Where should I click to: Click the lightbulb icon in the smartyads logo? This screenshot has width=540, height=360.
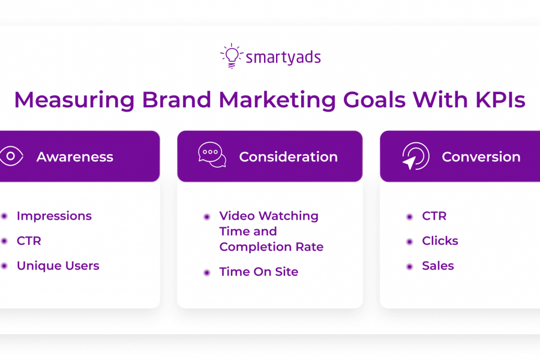click(232, 56)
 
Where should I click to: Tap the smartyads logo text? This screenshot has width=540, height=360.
click(283, 57)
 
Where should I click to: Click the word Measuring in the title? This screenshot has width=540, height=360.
click(74, 100)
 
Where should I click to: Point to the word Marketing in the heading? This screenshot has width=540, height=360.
click(277, 100)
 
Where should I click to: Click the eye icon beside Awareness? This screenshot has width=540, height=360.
click(11, 156)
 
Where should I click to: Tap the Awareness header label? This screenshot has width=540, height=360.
click(75, 157)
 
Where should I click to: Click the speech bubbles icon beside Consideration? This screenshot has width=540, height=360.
click(212, 155)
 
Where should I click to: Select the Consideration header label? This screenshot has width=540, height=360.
click(288, 157)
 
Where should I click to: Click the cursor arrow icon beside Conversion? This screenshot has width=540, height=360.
click(416, 156)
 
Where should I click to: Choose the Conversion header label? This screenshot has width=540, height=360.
click(481, 157)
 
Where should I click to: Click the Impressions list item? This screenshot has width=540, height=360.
click(54, 216)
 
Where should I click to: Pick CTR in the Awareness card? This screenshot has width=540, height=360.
click(29, 241)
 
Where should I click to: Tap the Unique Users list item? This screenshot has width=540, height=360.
click(58, 266)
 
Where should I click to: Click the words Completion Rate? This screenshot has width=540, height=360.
click(271, 247)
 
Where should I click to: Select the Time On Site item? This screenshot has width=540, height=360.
click(259, 272)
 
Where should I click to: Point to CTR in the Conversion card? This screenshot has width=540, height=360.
click(434, 216)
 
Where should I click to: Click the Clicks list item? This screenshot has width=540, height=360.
click(440, 241)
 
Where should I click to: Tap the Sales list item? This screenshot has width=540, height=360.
click(438, 266)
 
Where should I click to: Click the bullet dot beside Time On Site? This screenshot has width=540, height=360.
click(207, 273)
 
